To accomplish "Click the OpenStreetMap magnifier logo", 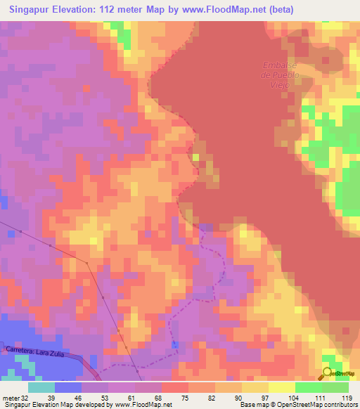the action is coord(328,373).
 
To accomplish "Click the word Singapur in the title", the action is coord(34,9).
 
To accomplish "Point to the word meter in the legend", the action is coord(10,398).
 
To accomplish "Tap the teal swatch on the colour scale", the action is coord(41,387).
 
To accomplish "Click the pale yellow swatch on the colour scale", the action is coord(282,387).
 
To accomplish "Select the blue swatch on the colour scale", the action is coord(68,387).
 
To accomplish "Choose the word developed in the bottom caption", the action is coord(89,405).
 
